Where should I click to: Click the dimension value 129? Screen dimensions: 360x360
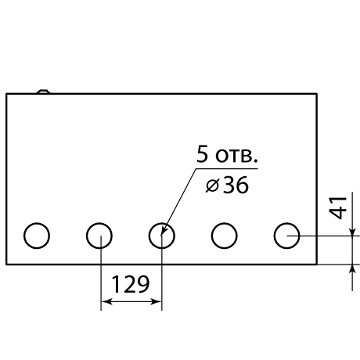click(x=131, y=284)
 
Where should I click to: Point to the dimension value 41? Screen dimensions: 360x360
click(x=338, y=208)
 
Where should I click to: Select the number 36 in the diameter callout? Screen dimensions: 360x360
click(x=236, y=185)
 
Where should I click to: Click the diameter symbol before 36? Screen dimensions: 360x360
click(x=212, y=185)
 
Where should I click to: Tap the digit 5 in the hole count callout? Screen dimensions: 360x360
click(x=203, y=154)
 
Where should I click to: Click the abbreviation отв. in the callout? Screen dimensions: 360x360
click(x=236, y=157)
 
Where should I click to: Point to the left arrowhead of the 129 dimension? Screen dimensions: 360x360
click(x=106, y=302)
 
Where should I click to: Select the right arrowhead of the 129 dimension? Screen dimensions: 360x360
click(x=156, y=302)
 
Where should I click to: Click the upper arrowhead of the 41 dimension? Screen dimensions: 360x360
click(x=352, y=231)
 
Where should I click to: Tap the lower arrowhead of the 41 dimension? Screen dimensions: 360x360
click(x=352, y=269)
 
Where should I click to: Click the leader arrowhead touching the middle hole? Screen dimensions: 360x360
click(x=164, y=230)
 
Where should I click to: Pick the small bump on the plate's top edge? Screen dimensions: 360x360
click(x=43, y=92)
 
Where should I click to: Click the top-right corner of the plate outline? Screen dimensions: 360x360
click(x=317, y=94)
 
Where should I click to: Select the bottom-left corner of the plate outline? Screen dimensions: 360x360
click(x=6, y=265)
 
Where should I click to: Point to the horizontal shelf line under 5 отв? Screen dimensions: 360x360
click(x=227, y=169)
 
